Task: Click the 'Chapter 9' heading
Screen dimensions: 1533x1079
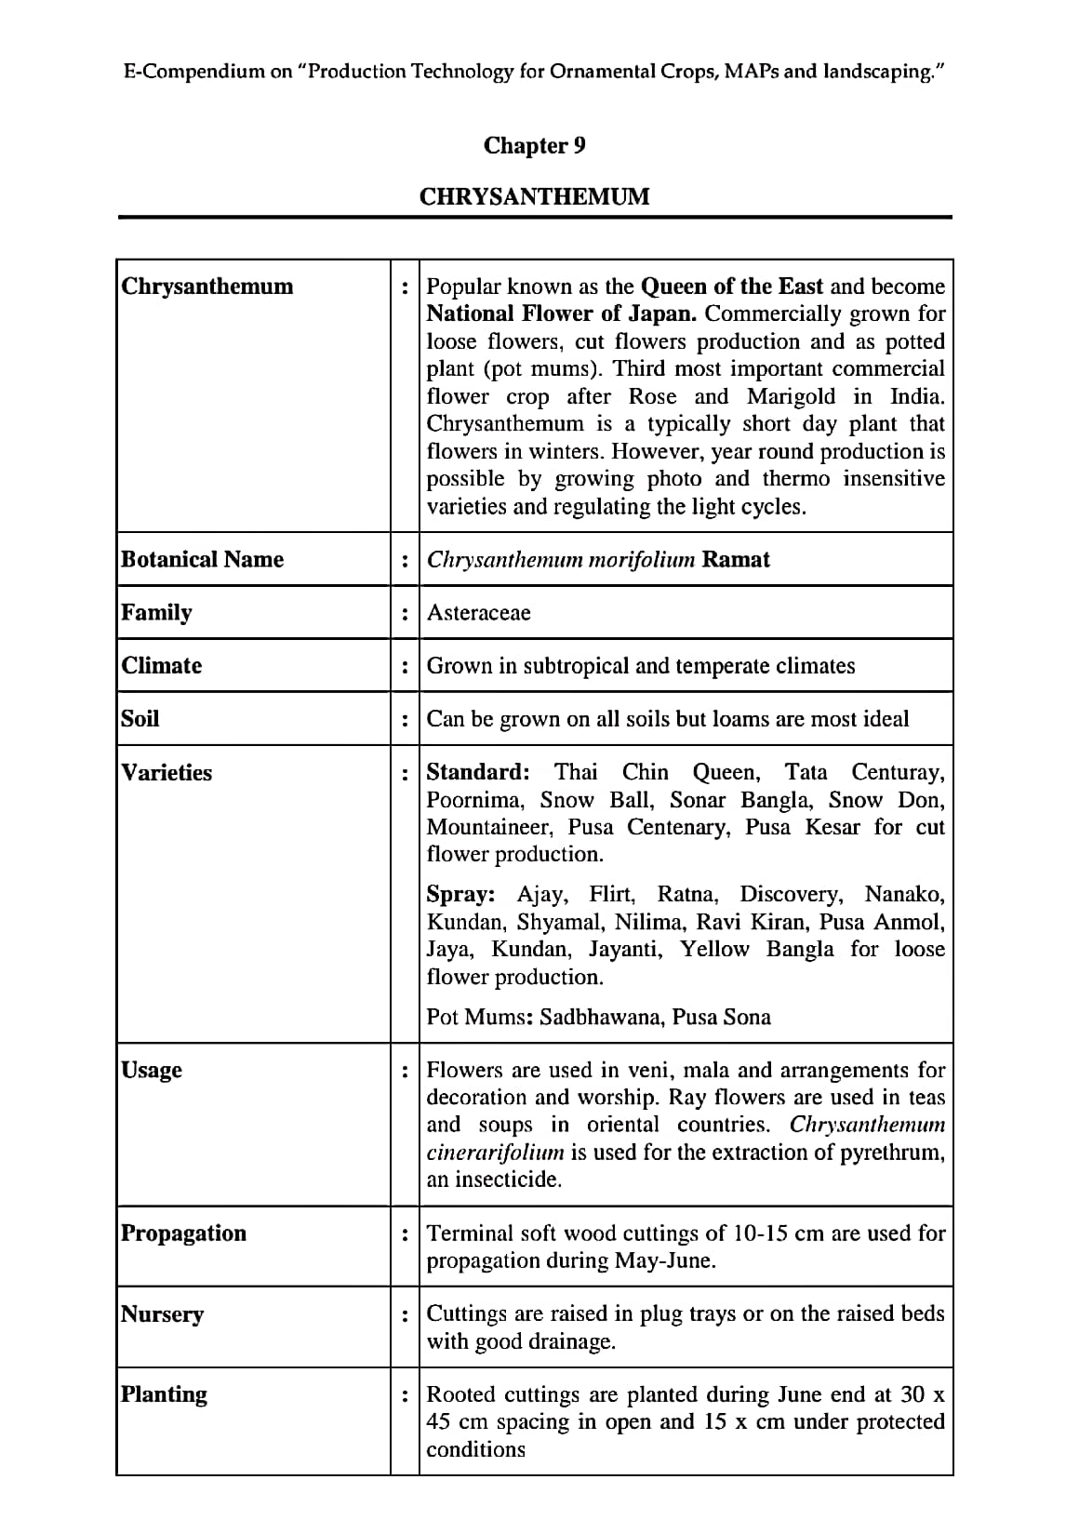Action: pos(534,146)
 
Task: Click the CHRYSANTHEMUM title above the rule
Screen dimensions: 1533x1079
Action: pos(534,197)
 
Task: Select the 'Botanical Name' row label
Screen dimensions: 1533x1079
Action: pos(202,559)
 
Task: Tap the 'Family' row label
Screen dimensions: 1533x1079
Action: pos(156,612)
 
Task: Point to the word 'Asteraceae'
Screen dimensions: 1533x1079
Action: pos(478,613)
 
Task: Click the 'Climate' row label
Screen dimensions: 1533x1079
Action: pos(161,665)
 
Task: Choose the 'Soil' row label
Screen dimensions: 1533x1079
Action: pos(140,718)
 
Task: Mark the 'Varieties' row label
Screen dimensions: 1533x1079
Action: pos(167,772)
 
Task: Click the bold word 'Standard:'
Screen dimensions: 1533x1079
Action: pos(477,772)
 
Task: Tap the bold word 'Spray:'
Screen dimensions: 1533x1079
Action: pos(460,894)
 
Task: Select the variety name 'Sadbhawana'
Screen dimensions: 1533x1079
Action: pos(602,1017)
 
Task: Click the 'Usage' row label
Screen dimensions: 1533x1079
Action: pos(152,1070)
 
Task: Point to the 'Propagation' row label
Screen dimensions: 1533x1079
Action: pos(183,1233)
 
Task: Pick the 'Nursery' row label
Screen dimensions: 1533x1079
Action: pos(162,1314)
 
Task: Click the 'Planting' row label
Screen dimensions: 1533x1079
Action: pos(164,1394)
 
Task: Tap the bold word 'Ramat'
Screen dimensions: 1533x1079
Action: pos(736,559)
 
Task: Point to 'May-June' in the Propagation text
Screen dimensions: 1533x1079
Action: pos(663,1261)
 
